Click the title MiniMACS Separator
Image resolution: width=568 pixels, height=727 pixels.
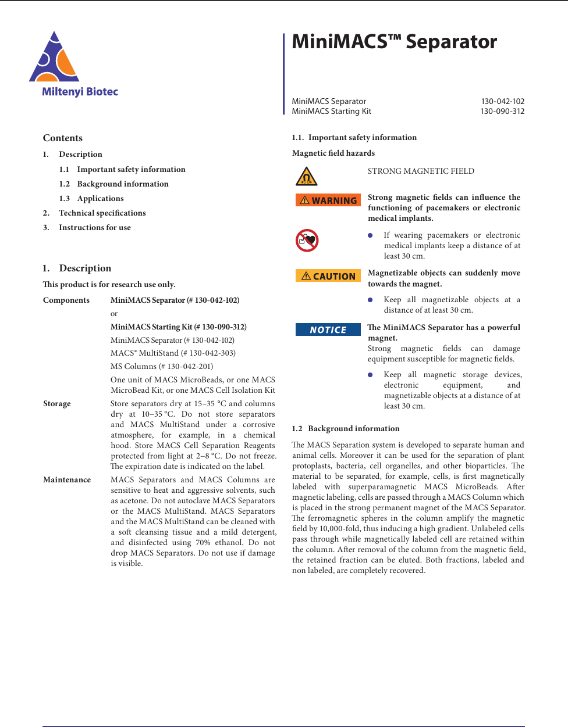(394, 42)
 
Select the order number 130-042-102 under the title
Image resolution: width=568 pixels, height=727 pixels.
(502, 101)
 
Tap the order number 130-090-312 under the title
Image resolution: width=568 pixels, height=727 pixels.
(502, 112)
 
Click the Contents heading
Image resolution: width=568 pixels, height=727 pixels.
(63, 138)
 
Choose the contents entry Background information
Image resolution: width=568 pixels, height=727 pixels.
(123, 184)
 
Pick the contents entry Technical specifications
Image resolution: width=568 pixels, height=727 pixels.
(102, 213)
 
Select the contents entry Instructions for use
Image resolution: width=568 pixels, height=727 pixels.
(95, 228)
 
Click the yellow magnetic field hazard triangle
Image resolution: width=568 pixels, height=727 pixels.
(306, 176)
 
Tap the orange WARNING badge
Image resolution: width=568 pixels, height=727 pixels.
(328, 200)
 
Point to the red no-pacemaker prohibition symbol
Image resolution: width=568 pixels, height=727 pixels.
(307, 240)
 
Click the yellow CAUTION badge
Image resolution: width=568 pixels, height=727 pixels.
(328, 276)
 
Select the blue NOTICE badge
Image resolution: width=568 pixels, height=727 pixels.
(328, 330)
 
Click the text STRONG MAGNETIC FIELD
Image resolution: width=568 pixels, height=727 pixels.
(421, 171)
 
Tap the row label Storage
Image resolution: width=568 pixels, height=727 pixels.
(57, 404)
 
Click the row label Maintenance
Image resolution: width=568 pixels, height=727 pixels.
(67, 480)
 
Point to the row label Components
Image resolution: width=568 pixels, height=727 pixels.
(66, 300)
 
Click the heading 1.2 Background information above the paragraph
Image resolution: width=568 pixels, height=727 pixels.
(346, 429)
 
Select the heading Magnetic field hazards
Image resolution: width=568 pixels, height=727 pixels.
(333, 153)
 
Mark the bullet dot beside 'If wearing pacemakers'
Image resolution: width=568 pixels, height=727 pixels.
(370, 235)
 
